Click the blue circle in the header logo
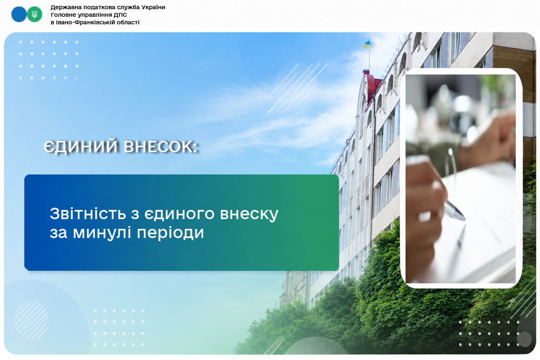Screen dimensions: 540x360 pos(19,15)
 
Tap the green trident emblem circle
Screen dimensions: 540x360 pos(35,15)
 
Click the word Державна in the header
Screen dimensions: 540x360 pos(64,7)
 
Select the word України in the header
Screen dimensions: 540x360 pos(153,7)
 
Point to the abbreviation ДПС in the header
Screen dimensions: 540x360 pos(120,15)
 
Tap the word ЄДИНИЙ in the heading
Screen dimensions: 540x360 pos(82,147)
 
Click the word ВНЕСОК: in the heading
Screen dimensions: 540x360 pos(161,147)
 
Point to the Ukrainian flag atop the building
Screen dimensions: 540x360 pos(366,44)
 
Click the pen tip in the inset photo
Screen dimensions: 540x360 pos(463,219)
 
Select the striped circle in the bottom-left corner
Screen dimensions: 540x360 pos(31,320)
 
